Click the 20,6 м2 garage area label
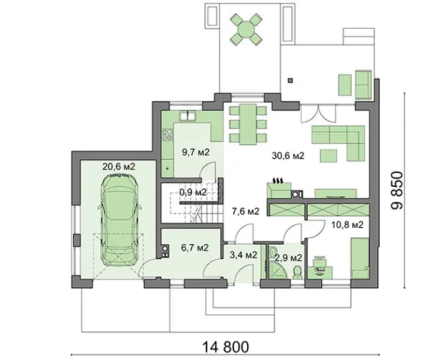[119, 167]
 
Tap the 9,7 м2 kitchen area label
[195, 152]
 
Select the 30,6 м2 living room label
[288, 155]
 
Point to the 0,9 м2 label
[193, 192]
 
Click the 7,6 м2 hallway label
[245, 212]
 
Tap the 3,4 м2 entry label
[243, 255]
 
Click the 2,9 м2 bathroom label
[288, 258]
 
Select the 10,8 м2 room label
[347, 224]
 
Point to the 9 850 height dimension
[397, 190]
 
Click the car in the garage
[120, 219]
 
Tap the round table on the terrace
[246, 29]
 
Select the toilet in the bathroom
[297, 272]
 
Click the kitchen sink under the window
[188, 116]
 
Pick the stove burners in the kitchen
[167, 135]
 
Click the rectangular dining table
[248, 125]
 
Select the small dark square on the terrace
[290, 81]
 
